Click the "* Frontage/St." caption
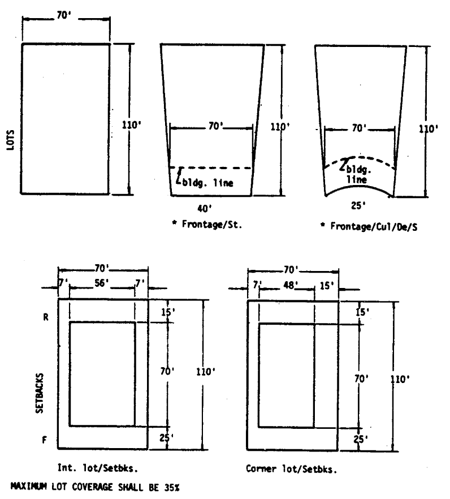204,225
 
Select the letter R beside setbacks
46,317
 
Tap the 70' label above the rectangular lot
64,18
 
